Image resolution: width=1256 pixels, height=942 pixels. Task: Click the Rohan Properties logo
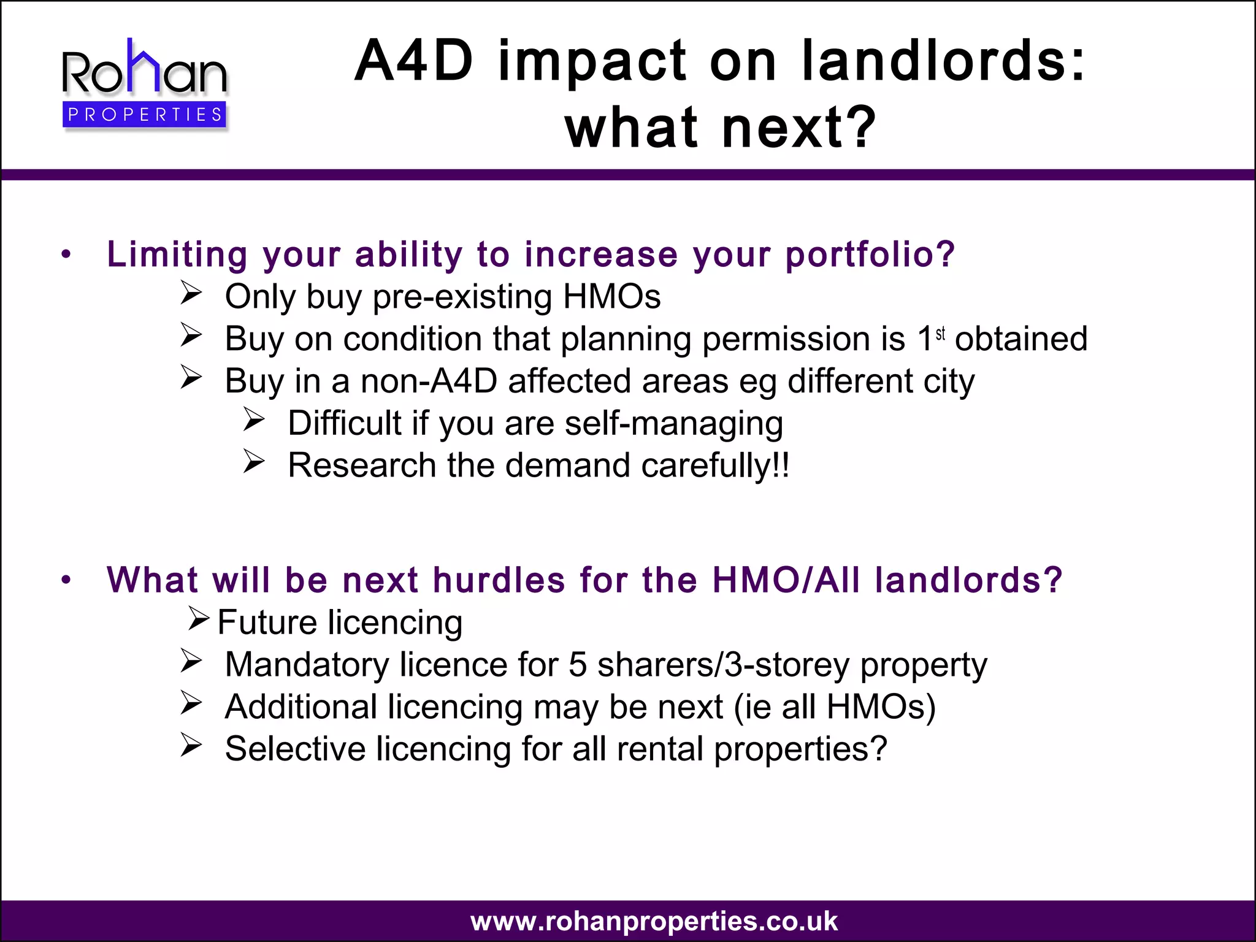[145, 83]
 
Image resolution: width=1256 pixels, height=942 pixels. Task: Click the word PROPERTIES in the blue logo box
[145, 115]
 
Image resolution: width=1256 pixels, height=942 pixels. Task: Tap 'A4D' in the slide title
[414, 61]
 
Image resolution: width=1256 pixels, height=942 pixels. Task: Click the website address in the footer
[654, 921]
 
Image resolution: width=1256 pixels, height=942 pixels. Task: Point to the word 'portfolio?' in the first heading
[870, 255]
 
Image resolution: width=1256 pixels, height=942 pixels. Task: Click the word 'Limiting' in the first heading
[177, 255]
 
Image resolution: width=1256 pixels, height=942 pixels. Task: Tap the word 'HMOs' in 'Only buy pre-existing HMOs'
[611, 297]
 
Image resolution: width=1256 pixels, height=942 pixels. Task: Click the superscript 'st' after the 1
[941, 334]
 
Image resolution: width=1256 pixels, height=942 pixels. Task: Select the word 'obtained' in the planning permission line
[1021, 339]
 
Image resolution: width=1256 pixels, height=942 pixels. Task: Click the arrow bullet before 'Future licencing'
[199, 618]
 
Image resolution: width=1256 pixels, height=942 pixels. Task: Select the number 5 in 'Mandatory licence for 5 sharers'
[578, 665]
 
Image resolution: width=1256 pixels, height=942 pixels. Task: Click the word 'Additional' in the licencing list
[301, 707]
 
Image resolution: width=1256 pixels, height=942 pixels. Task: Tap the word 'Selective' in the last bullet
[295, 749]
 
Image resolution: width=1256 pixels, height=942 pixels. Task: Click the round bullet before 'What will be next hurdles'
[66, 580]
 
